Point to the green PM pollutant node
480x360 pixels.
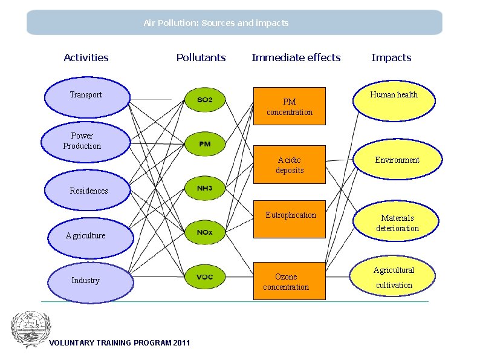coord(205,145)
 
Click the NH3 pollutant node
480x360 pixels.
coord(205,189)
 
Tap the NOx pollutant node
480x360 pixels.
coord(205,232)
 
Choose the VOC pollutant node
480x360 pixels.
coord(205,277)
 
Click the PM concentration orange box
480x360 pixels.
coord(289,106)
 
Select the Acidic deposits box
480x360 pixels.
coord(289,165)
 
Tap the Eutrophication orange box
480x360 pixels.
coord(289,219)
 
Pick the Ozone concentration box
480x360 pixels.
coord(289,281)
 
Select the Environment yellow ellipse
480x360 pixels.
coord(397,160)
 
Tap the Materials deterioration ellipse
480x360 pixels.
coord(397,223)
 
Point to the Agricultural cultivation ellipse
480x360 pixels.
coord(394,278)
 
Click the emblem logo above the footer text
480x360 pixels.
coord(31,329)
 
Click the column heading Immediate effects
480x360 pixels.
coord(296,58)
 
